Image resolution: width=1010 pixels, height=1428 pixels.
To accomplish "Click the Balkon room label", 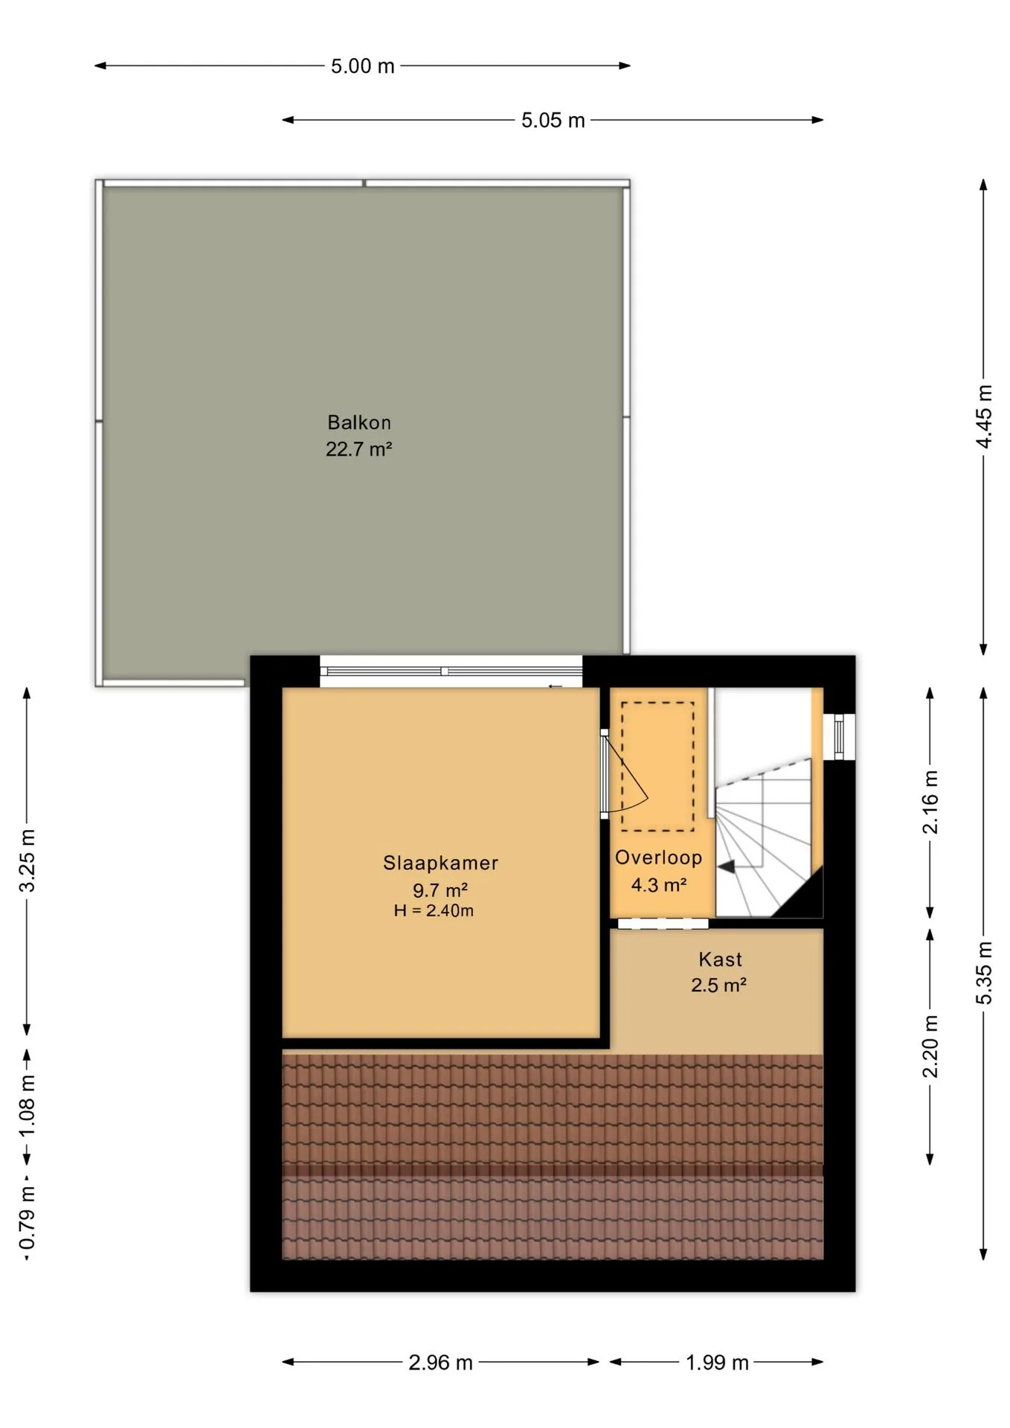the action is point(359,422).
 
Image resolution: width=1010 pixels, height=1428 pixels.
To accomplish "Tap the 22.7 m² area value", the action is point(358,449).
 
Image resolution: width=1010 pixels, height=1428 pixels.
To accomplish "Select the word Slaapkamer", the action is point(440,863).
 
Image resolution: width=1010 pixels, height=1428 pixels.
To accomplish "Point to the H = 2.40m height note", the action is point(434,910).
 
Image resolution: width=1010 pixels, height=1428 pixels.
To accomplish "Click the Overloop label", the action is point(658,858).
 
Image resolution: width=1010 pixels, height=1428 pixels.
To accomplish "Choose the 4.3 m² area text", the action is point(658,885).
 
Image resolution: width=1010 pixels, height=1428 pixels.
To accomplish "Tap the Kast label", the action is point(720,959).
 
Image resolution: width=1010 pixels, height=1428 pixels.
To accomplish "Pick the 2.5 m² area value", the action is point(718,985).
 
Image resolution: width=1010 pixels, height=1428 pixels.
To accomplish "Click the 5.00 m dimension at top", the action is point(362,66).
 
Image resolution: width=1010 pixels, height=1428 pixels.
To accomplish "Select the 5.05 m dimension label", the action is point(553,120).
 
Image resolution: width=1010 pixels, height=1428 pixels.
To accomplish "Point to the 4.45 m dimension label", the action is point(984,416).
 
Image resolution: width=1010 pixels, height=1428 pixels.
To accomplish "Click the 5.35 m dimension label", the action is point(984,973).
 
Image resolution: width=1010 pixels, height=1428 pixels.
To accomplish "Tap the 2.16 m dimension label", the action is point(930,803).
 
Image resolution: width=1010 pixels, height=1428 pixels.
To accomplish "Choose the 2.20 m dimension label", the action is point(930,1046).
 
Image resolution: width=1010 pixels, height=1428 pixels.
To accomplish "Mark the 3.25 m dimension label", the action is point(27,861).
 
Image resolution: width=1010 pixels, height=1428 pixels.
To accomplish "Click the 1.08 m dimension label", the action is point(27,1105).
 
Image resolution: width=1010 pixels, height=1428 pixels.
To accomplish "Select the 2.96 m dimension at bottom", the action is point(440,1363).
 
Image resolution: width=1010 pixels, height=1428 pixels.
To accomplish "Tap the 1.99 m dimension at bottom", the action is point(717,1363).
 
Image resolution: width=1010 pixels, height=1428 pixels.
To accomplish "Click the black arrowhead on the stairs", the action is point(727,866).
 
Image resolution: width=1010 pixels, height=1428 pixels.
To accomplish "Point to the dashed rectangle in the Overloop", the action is point(657,766).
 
